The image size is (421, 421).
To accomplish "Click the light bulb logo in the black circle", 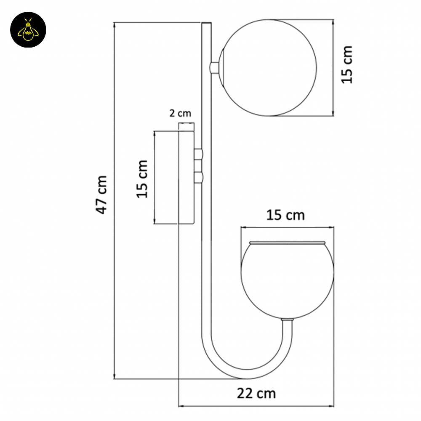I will pyautogui.click(x=28, y=30).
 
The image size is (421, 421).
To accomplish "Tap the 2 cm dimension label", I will pyautogui.click(x=180, y=113).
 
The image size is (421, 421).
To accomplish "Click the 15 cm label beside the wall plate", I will pyautogui.click(x=142, y=179).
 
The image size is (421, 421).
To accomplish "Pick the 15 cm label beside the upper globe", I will pyautogui.click(x=346, y=64).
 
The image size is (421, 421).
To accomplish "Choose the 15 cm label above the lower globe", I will pyautogui.click(x=285, y=215).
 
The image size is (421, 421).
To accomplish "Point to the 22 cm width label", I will pyautogui.click(x=256, y=393).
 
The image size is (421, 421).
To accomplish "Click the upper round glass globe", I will pyautogui.click(x=269, y=67).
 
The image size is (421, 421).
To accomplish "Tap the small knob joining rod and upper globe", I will pyautogui.click(x=214, y=67).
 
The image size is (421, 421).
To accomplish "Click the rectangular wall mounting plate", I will pyautogui.click(x=186, y=177).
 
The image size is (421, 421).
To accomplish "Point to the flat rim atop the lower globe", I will pyautogui.click(x=287, y=243).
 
